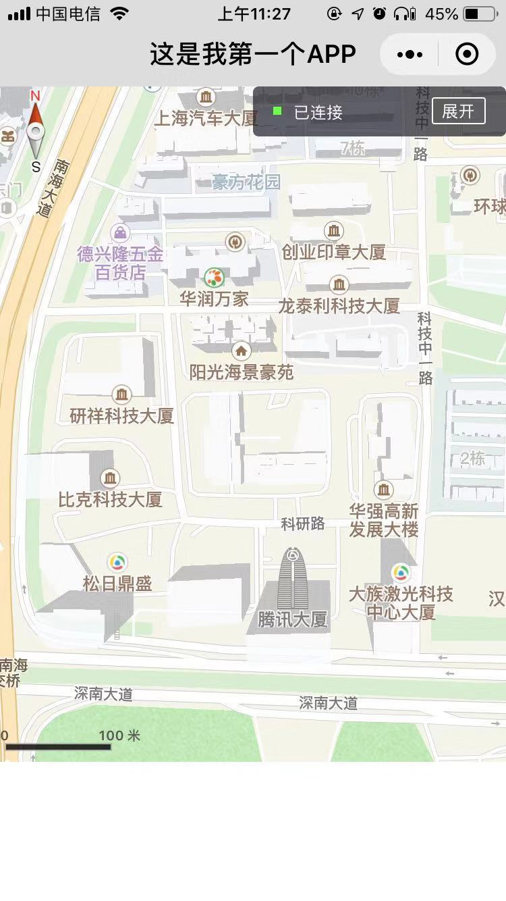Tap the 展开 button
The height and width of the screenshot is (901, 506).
tap(458, 111)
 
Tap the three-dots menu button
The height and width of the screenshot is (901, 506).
tap(410, 54)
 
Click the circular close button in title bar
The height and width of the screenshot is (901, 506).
tap(467, 54)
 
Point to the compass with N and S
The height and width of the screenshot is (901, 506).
tap(36, 132)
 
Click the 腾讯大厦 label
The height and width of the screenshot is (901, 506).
tap(292, 619)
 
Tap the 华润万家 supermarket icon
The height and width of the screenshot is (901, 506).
tap(214, 276)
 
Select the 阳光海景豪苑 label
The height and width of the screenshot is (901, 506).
tap(241, 372)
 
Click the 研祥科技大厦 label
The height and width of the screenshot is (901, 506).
tap(122, 416)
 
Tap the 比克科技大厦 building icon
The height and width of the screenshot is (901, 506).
tap(109, 479)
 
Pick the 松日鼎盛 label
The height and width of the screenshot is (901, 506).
tap(117, 584)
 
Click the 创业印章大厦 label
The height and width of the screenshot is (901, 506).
tap(333, 253)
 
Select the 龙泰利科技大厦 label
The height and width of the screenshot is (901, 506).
tap(339, 306)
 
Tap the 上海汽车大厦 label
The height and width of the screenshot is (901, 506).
tap(206, 119)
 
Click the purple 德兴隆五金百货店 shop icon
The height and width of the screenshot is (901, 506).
tap(120, 233)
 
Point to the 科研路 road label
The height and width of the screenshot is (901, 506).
tap(303, 523)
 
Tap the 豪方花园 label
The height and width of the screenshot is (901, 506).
tap(246, 182)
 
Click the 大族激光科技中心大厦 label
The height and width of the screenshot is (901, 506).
tap(400, 603)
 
